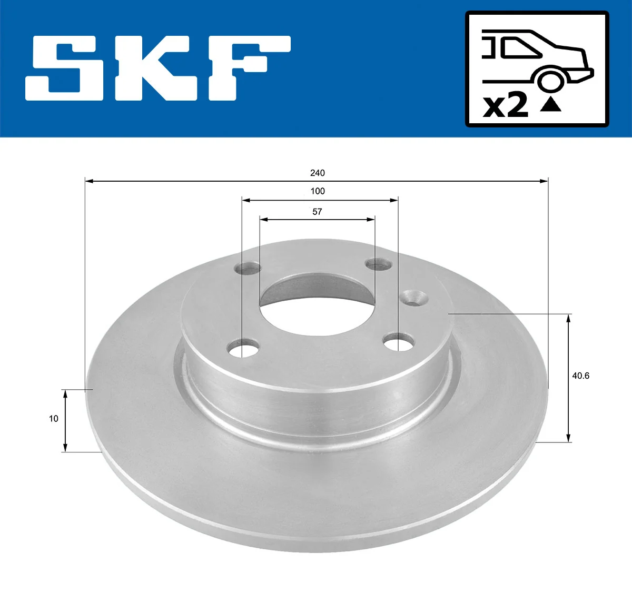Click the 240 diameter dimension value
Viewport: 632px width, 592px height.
pos(317,173)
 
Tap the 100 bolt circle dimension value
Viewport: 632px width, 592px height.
pos(318,191)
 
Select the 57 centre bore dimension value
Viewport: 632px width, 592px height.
pos(317,212)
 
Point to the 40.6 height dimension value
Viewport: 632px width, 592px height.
pos(580,376)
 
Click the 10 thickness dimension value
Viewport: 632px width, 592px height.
pos(54,419)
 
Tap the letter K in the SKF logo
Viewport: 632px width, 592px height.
pos(156,68)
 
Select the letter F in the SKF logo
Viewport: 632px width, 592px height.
pos(250,68)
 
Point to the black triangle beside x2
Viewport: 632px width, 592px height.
pos(550,105)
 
